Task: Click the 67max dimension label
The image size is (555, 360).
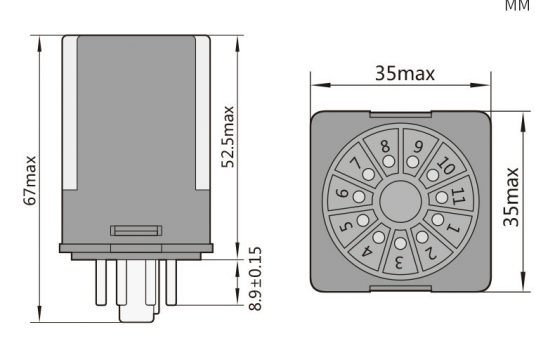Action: [30, 180]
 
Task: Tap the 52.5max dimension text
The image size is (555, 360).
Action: [228, 136]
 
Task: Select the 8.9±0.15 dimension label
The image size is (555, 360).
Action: [255, 279]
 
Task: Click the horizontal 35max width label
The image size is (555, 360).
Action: [405, 74]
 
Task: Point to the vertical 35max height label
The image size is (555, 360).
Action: [511, 197]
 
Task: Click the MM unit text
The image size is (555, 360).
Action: [517, 5]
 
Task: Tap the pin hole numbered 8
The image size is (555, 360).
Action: [389, 161]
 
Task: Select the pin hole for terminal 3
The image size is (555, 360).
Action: [400, 243]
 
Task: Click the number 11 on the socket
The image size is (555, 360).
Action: [458, 196]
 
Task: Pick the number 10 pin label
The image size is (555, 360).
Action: [446, 165]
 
